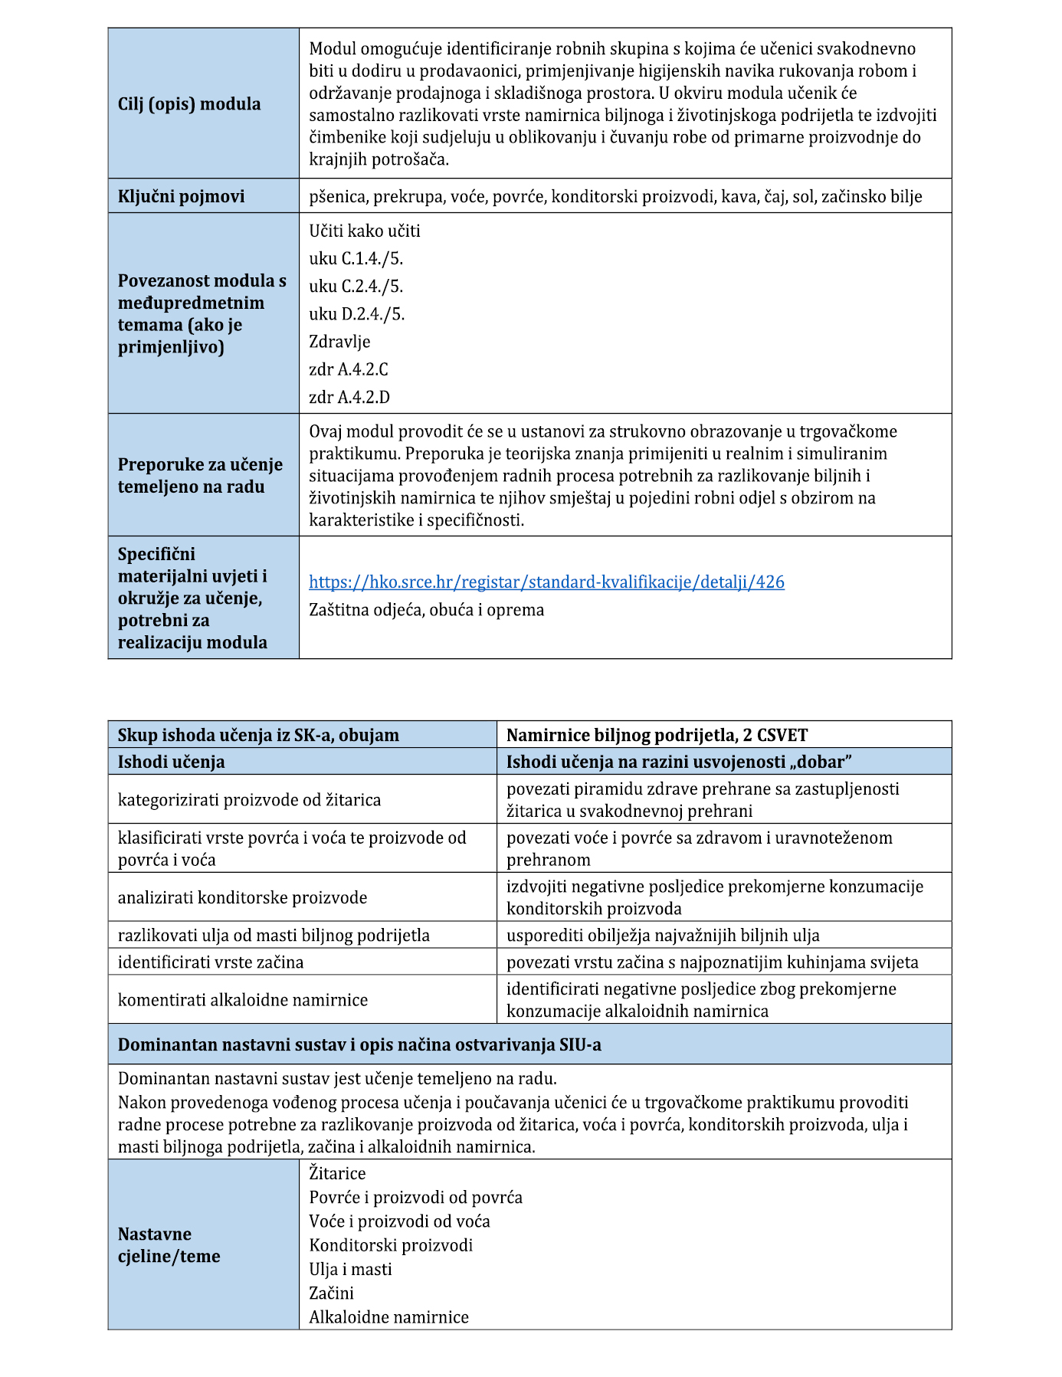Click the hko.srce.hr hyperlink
coord(546,582)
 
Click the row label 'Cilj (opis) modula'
coord(189,104)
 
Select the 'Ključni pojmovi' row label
coord(181,197)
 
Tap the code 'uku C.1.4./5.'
coord(356,258)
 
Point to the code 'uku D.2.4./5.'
coord(356,313)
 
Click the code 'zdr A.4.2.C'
coord(349,369)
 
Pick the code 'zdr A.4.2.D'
coord(349,397)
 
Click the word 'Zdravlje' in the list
coord(339,341)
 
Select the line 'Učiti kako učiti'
coord(365,231)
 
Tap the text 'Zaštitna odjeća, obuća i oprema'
coord(427,610)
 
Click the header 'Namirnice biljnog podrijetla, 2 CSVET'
coord(657,736)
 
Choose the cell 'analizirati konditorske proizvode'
coord(242,897)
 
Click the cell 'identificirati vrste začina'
coord(211,962)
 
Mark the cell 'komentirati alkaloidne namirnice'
coord(242,999)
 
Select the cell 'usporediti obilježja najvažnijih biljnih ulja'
coord(663,935)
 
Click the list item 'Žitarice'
coord(337,1173)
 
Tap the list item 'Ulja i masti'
coord(350,1269)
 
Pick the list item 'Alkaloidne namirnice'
coord(388,1317)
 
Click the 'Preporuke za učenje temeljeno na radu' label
coord(200,475)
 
